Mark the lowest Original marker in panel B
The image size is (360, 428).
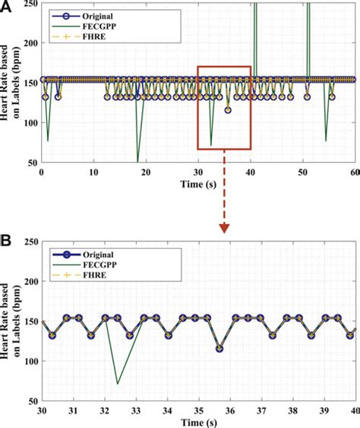tap(219, 349)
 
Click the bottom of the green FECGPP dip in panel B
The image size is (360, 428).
tap(118, 383)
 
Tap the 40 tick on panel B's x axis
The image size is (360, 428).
tap(354, 410)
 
